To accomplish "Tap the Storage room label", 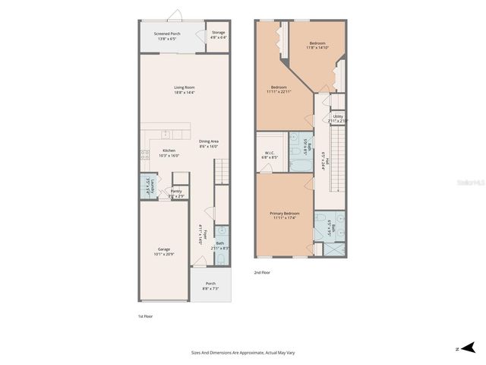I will [x=219, y=34].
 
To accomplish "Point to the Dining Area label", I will [x=209, y=143].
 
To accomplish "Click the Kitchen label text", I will [x=169, y=153].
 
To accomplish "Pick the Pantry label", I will [x=176, y=193].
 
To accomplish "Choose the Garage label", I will [x=163, y=251].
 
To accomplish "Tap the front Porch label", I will [x=210, y=286].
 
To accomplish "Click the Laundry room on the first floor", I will [x=149, y=186].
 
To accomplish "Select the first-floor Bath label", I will [x=219, y=246].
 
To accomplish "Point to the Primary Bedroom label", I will [x=285, y=216].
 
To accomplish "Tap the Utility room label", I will [x=338, y=118].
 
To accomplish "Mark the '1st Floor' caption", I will [x=146, y=316].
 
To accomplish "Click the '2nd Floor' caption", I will [x=262, y=272].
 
